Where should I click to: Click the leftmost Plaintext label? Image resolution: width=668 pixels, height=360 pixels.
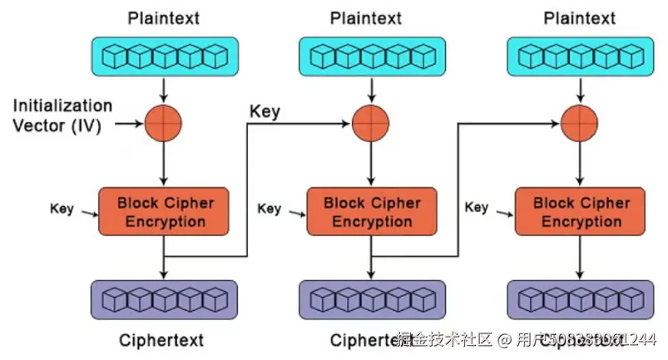click(164, 17)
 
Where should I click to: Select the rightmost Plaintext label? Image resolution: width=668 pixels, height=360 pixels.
click(581, 17)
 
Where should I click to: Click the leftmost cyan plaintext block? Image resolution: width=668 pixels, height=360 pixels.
click(164, 57)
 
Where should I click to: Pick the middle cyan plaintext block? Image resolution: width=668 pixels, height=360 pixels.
click(371, 57)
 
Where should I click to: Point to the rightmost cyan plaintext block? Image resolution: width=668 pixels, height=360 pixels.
click(581, 57)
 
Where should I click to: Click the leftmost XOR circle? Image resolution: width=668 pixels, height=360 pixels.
click(164, 124)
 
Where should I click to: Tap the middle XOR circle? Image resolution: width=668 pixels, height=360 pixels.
click(371, 124)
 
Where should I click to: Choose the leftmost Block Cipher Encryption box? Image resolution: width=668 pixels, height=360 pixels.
click(165, 212)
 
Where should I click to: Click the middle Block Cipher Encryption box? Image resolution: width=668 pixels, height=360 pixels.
click(372, 212)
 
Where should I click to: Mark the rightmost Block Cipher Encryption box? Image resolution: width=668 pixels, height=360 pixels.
click(581, 212)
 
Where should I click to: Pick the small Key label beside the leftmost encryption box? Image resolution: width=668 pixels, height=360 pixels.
click(62, 208)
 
